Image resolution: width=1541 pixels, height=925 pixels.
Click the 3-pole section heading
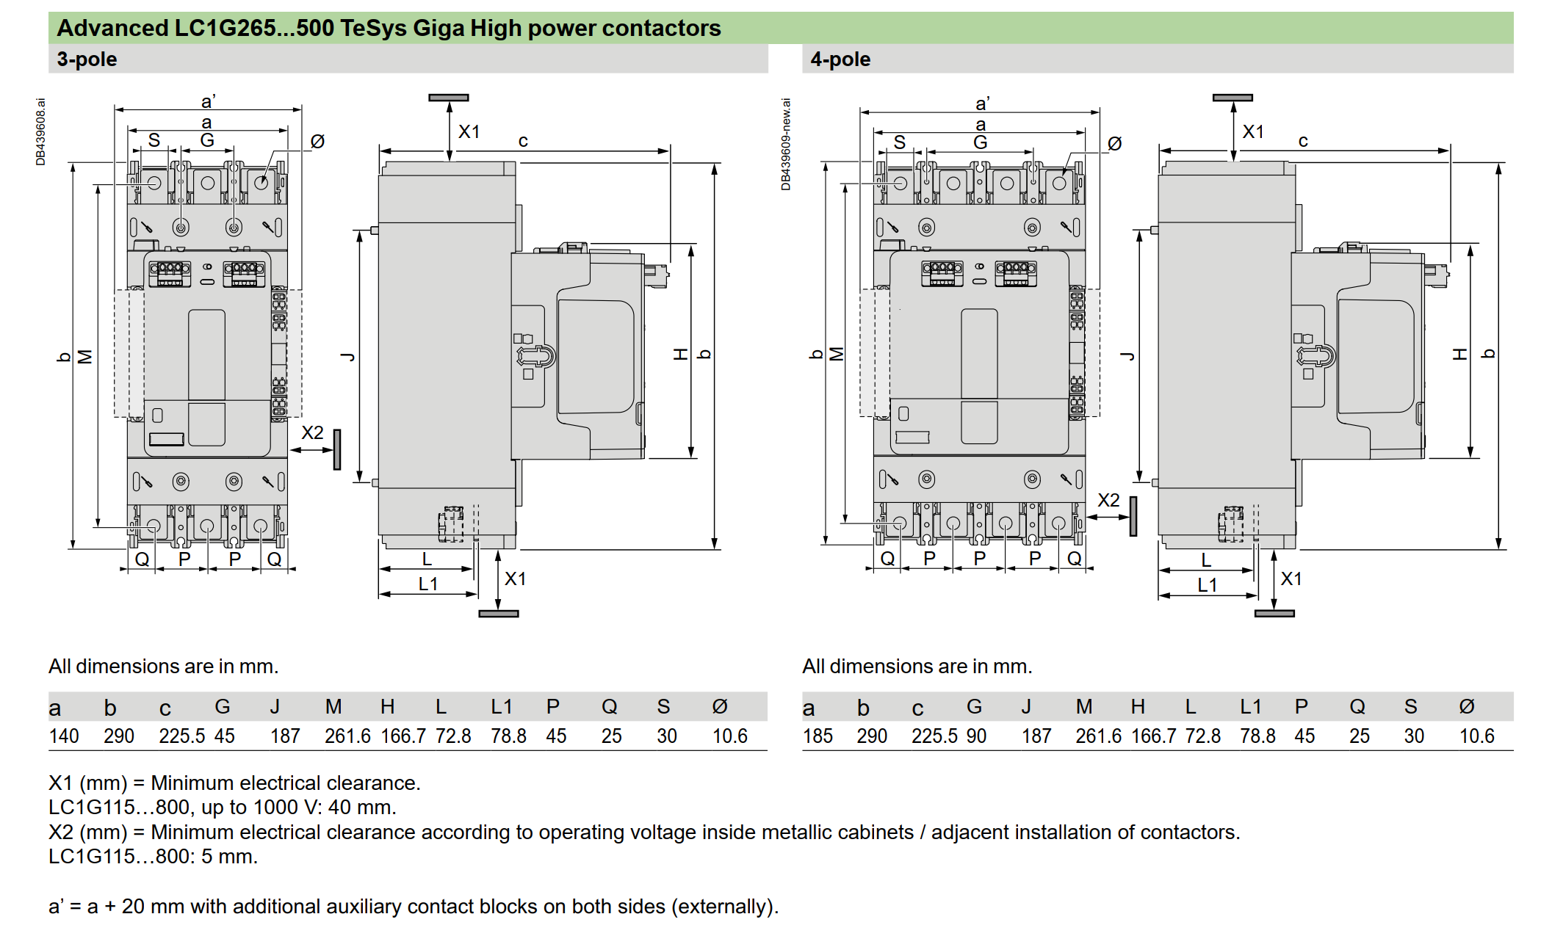coord(87,59)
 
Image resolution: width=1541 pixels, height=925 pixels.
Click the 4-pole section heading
coord(840,59)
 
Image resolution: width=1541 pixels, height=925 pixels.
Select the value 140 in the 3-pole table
coord(64,736)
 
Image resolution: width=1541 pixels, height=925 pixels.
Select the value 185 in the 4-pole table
coord(818,736)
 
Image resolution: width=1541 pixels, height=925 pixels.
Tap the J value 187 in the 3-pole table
coord(285,736)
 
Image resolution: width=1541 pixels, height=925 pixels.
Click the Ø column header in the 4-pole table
coord(1466,706)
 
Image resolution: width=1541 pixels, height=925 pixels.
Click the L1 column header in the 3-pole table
coord(502,706)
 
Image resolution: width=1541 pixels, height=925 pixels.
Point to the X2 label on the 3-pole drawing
coord(312,432)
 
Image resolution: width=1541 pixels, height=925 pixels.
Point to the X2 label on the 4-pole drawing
coord(1108,500)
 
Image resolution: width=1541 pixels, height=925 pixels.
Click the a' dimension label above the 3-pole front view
coord(209,101)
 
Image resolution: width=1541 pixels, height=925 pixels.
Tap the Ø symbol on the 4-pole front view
coord(1114,143)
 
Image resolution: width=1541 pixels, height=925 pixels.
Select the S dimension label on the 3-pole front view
coord(154,140)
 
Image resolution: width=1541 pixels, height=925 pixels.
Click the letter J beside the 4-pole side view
coord(1127,356)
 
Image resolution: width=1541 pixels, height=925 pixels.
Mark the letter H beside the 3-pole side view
coord(681,355)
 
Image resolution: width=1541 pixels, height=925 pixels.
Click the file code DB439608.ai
coord(40,132)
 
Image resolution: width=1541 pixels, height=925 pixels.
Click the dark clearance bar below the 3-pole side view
coord(499,614)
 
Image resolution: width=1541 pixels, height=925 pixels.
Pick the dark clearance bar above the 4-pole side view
coord(1233,98)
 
